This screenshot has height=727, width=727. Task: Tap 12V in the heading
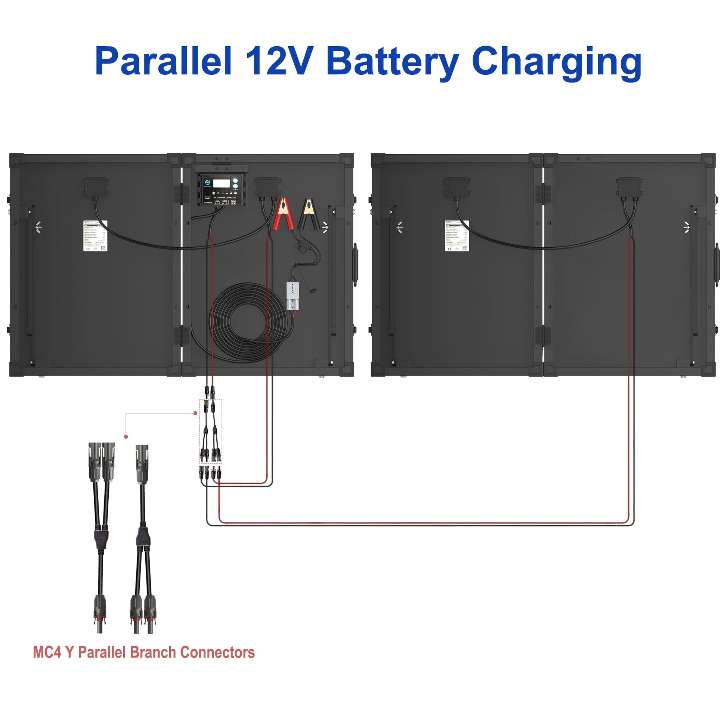click(x=279, y=61)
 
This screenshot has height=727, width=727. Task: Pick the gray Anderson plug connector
click(x=293, y=296)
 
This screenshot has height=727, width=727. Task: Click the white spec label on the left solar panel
click(x=95, y=236)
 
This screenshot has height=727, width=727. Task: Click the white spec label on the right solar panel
click(x=457, y=236)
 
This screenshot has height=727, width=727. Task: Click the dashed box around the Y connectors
click(x=210, y=431)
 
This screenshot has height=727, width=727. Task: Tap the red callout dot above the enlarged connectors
click(x=126, y=436)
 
